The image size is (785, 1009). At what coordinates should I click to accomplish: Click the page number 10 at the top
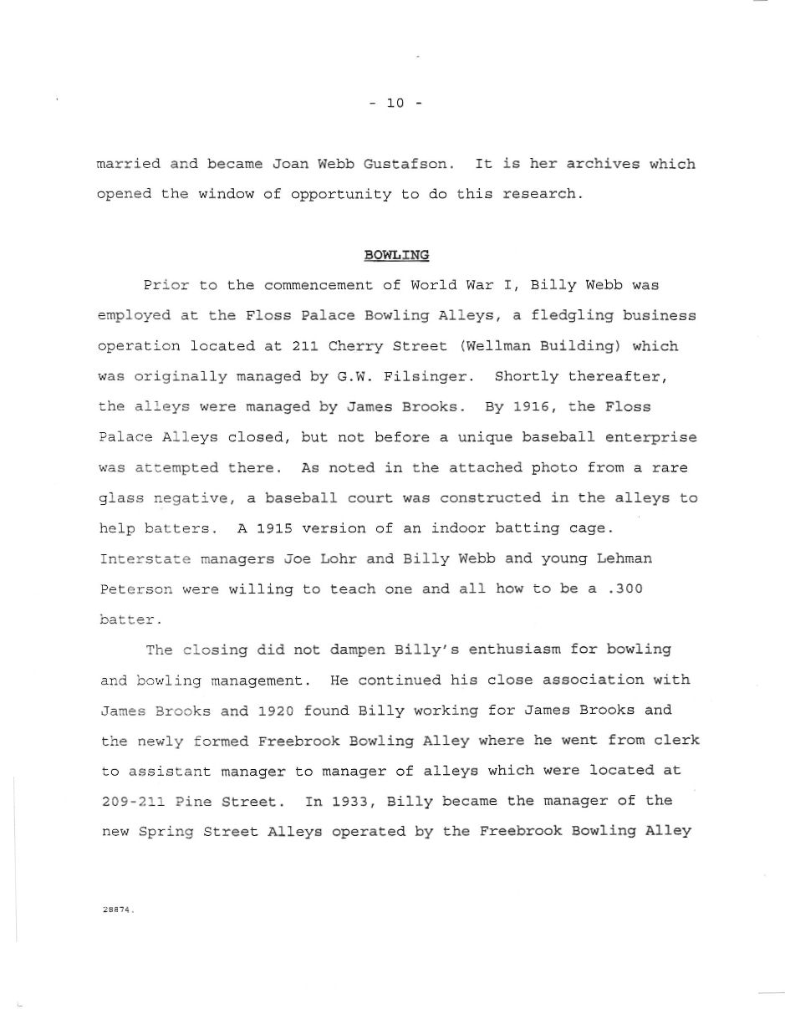(x=395, y=104)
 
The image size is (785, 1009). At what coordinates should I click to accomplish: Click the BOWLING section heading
(x=396, y=254)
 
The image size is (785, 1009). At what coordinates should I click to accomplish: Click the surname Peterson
(x=135, y=589)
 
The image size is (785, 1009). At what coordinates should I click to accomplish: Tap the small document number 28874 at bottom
(x=118, y=910)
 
